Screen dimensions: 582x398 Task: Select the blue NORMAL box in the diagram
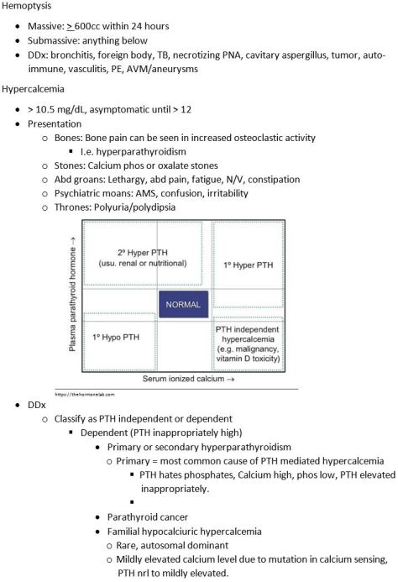183,305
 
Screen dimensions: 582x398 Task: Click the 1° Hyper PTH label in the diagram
249,265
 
